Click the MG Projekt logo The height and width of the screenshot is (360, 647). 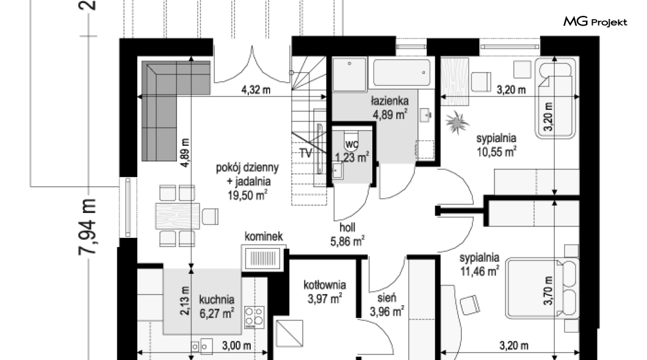click(595, 21)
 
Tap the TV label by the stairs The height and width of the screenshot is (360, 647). click(306, 153)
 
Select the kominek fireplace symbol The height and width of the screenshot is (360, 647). click(263, 259)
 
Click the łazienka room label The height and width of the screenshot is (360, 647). click(389, 101)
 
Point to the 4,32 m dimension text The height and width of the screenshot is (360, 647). click(256, 90)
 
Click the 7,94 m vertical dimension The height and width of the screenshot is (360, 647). click(88, 226)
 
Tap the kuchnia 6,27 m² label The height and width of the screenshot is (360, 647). click(217, 306)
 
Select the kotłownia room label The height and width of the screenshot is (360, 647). click(325, 285)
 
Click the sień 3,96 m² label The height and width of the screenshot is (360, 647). click(386, 304)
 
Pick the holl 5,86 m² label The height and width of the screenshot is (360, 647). click(347, 234)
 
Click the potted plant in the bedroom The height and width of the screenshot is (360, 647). click(457, 123)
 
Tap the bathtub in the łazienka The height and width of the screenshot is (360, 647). click(402, 73)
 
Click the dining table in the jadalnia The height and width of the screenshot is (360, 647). click(178, 216)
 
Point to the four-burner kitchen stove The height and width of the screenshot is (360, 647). click(255, 317)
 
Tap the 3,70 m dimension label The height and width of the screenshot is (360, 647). click(548, 290)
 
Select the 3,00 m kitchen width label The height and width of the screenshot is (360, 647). click(236, 345)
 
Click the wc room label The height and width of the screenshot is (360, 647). click(352, 144)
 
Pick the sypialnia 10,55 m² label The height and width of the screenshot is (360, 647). click(496, 145)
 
